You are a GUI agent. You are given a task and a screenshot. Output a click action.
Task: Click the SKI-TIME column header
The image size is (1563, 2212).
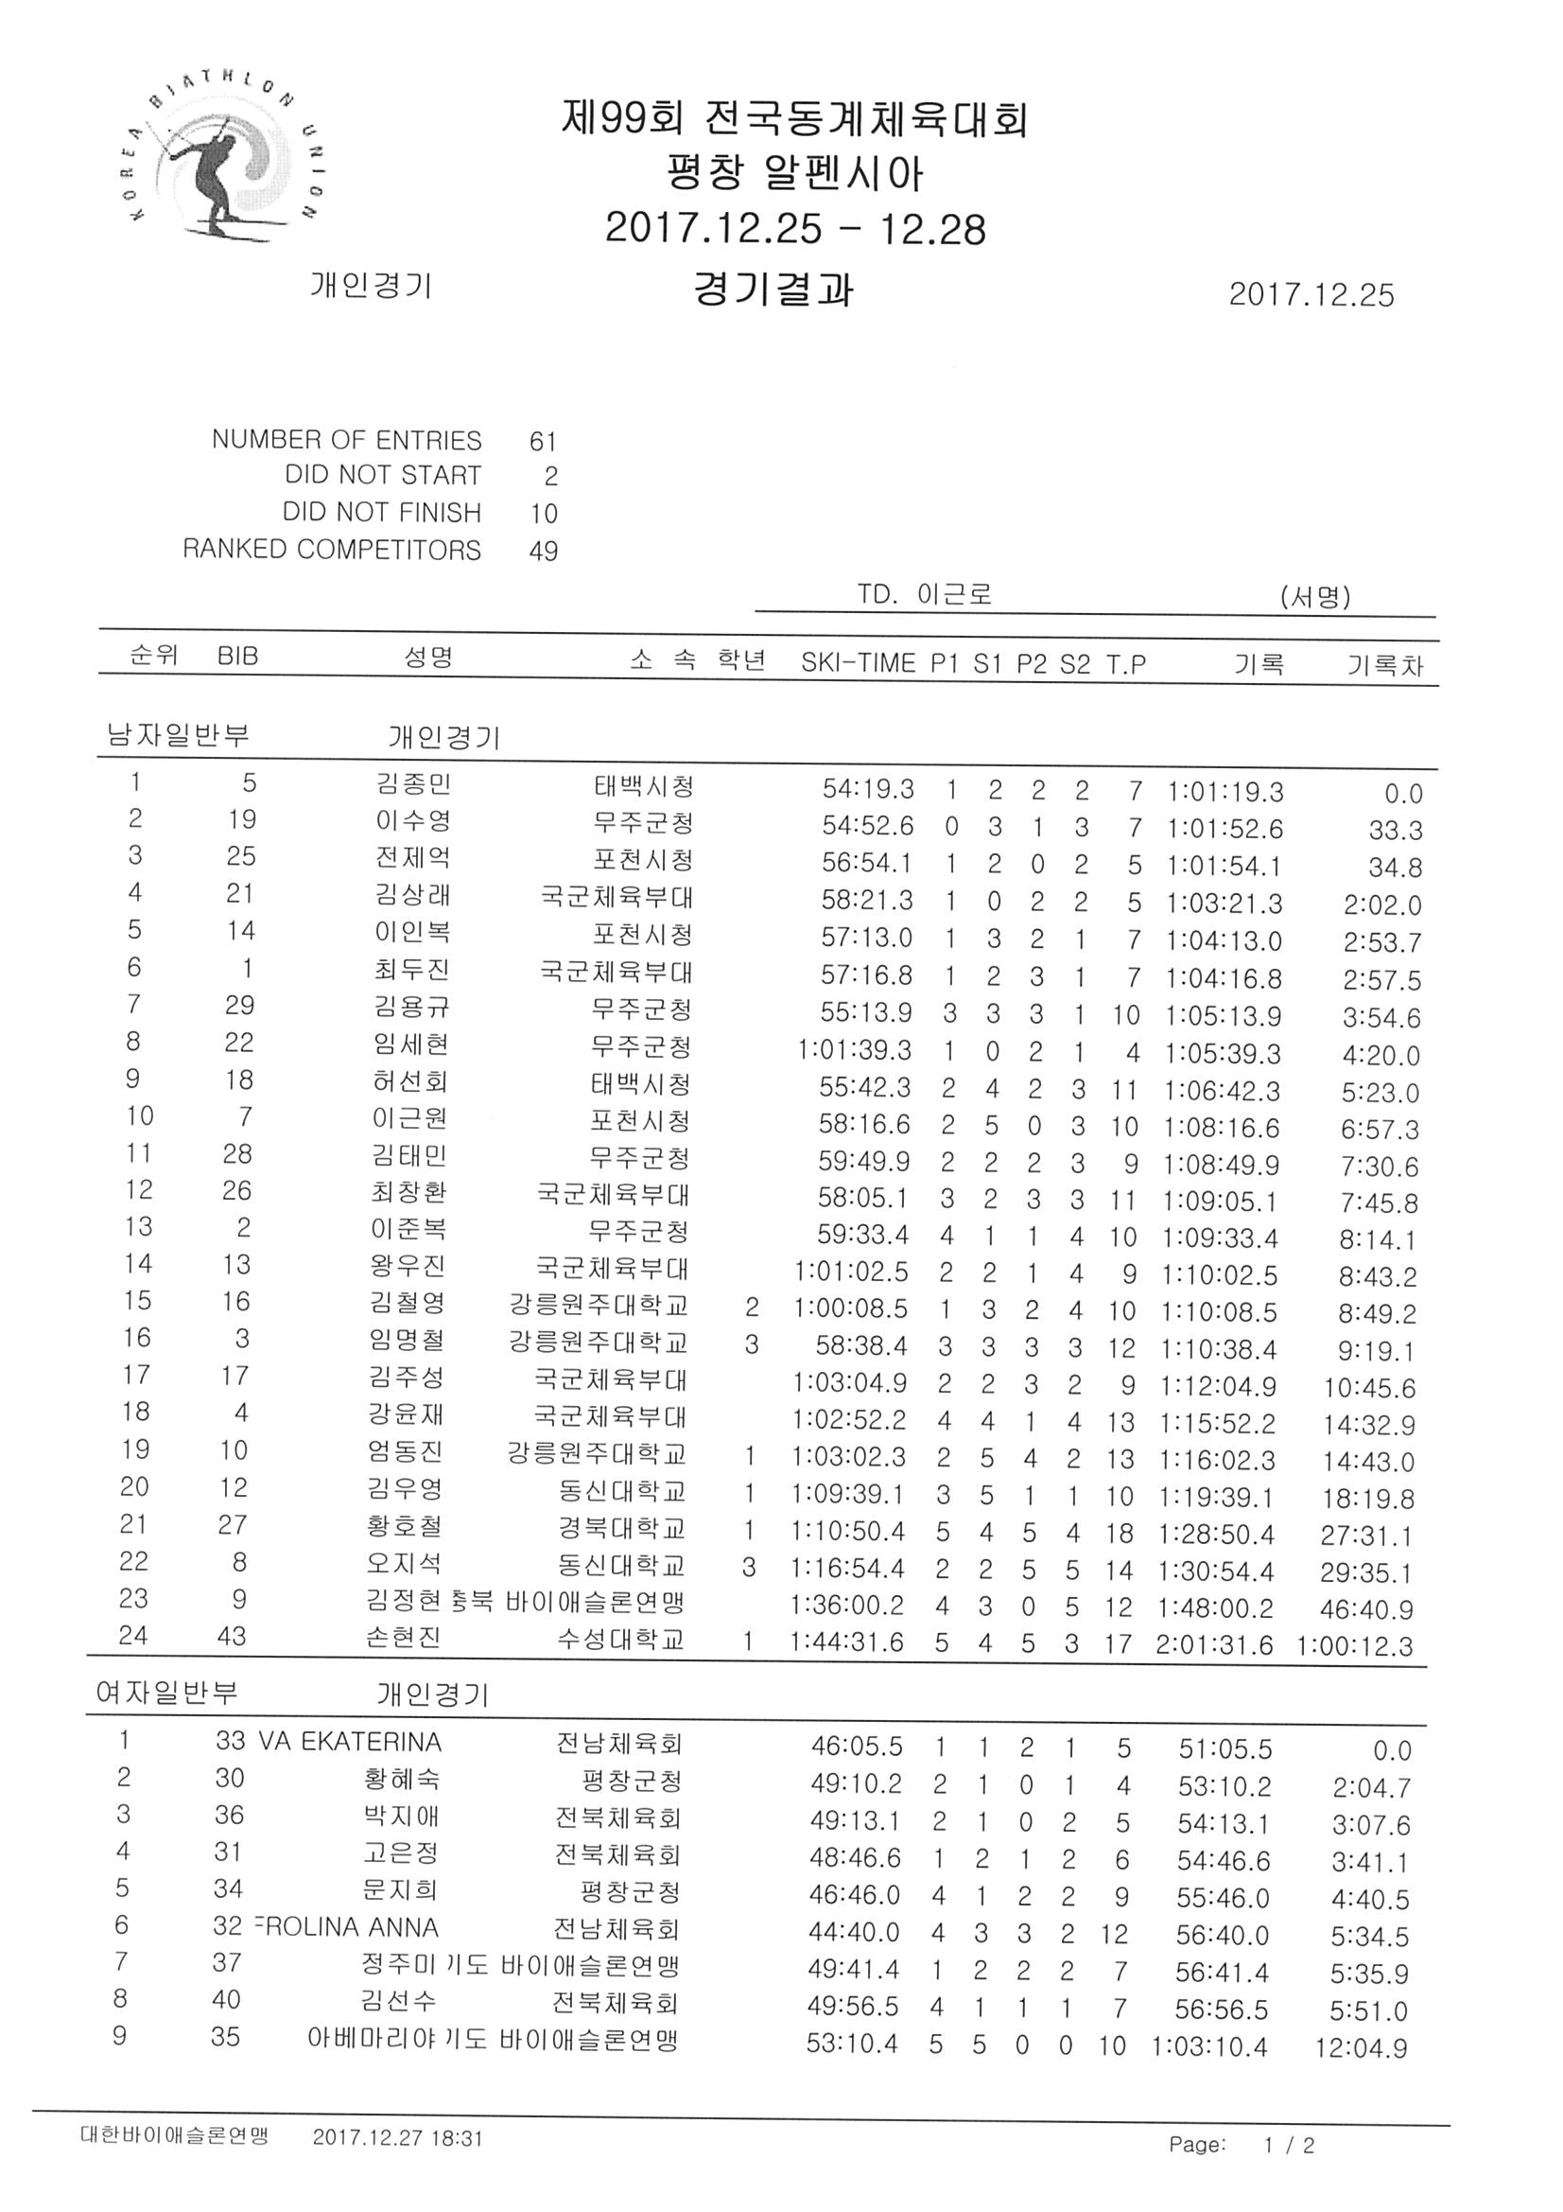click(858, 663)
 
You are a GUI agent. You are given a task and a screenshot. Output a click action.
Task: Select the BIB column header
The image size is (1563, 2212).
click(238, 656)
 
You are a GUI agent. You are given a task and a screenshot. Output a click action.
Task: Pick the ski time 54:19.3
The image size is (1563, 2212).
click(868, 789)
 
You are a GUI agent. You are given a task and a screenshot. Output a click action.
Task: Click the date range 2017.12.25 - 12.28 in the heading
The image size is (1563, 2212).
click(795, 229)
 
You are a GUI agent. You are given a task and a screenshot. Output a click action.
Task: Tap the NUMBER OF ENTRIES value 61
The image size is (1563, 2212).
click(543, 441)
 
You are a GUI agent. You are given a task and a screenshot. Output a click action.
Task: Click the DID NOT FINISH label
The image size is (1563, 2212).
click(381, 513)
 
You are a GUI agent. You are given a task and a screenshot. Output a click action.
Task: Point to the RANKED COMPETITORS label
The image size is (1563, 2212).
click(332, 550)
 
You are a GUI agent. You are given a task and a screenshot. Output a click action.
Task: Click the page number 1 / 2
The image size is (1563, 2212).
click(1290, 2165)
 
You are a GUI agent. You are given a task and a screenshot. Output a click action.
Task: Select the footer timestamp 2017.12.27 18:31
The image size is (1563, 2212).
click(397, 2158)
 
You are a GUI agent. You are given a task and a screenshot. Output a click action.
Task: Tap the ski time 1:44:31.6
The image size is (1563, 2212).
click(846, 1641)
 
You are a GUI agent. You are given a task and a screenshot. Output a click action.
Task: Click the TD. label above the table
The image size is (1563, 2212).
click(877, 594)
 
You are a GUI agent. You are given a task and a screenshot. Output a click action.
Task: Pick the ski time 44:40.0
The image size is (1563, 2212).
click(854, 1933)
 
